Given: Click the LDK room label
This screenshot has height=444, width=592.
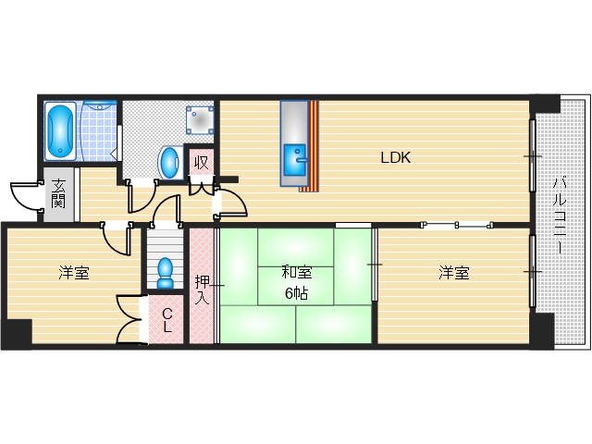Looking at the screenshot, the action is click(395, 157).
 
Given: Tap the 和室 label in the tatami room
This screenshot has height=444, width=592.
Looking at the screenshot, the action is click(296, 272).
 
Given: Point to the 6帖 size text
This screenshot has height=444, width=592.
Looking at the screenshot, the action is click(296, 293).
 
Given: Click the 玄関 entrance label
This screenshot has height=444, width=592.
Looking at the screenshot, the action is click(58, 193).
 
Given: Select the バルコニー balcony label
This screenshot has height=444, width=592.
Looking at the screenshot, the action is click(560, 215).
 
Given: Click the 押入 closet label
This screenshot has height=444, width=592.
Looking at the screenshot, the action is click(202, 290).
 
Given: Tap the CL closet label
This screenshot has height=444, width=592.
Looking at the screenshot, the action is click(167, 320).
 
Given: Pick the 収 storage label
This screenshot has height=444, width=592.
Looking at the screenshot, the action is click(202, 163).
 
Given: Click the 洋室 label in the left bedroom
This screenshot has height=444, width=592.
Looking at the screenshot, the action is click(74, 273).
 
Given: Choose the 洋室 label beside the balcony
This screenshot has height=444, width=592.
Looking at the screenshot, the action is click(454, 273).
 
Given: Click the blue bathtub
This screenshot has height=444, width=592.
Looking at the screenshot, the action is click(60, 130).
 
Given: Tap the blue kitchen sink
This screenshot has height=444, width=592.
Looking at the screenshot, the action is click(294, 160).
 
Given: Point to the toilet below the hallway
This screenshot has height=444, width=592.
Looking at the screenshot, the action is click(165, 273).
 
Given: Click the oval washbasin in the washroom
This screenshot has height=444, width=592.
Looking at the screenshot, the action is click(169, 163).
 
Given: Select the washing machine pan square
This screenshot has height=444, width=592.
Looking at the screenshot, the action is click(200, 120).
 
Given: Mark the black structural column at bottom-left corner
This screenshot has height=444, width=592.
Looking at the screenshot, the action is click(17, 334).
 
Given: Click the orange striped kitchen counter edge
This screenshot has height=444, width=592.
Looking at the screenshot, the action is click(313, 146).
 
